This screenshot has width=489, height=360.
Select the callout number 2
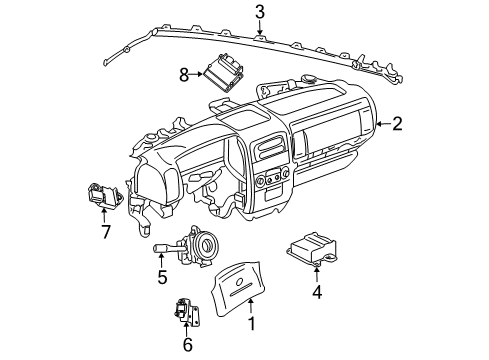coord(397,124)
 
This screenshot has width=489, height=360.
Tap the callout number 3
coord(259,13)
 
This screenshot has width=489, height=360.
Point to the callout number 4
coord(317,293)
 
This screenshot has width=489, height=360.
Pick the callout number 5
coord(161,277)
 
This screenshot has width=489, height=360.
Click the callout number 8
coord(183,73)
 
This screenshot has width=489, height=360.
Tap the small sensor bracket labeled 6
coord(184,312)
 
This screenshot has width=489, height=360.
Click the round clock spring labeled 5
coord(206,244)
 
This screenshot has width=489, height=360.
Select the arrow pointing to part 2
coord(379,124)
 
